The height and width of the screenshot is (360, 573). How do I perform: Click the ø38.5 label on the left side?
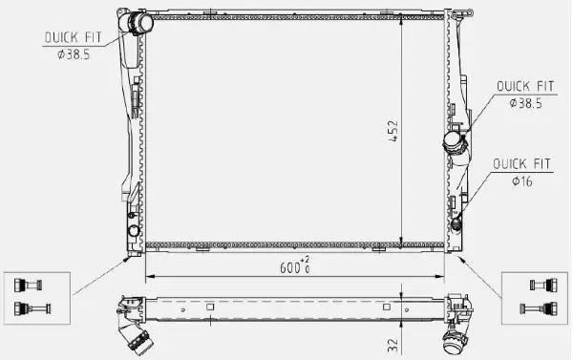74,53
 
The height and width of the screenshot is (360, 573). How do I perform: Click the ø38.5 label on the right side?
523,101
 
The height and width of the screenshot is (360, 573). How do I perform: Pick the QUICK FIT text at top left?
72,37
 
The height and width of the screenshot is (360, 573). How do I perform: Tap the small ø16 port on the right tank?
457,224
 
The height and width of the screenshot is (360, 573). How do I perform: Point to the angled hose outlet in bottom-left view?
135,335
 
